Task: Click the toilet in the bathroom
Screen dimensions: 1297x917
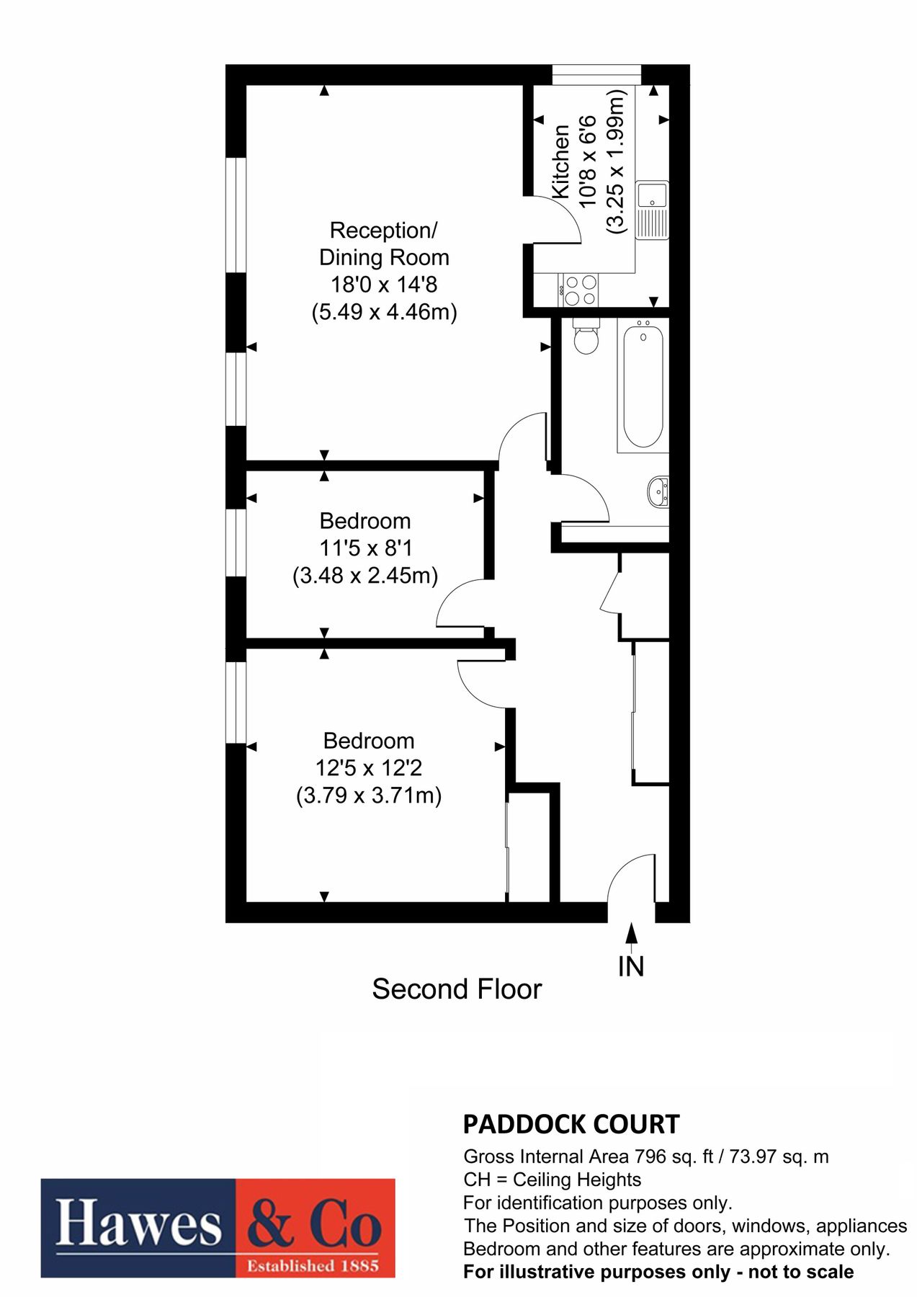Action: point(586,338)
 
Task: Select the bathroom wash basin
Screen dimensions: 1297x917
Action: point(658,491)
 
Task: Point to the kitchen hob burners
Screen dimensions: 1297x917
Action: point(581,290)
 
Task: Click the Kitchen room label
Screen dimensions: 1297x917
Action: point(561,162)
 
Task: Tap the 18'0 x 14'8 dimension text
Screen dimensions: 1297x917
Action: point(383,285)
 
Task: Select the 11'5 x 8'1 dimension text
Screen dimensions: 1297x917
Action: point(365,548)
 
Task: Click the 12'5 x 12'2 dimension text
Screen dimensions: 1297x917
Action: point(368,768)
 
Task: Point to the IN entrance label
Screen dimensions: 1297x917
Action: point(631,967)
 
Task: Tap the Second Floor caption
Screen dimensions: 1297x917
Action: point(457,989)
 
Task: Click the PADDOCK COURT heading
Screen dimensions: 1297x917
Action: point(571,1124)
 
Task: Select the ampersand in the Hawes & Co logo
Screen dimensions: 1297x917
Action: point(270,1224)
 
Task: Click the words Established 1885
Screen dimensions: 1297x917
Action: point(313,1266)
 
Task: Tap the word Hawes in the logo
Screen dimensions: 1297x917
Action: point(138,1224)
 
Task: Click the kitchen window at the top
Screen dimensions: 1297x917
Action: point(596,74)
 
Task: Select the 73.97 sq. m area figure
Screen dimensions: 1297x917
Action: point(779,1157)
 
